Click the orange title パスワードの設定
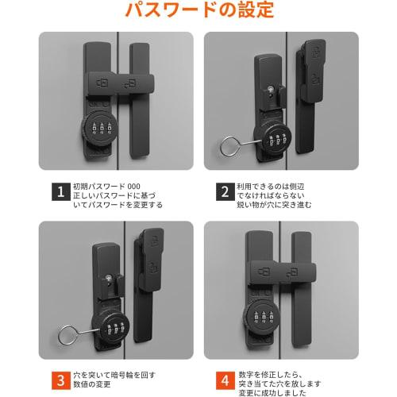coord(198,12)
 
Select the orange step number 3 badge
coord(60,377)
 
